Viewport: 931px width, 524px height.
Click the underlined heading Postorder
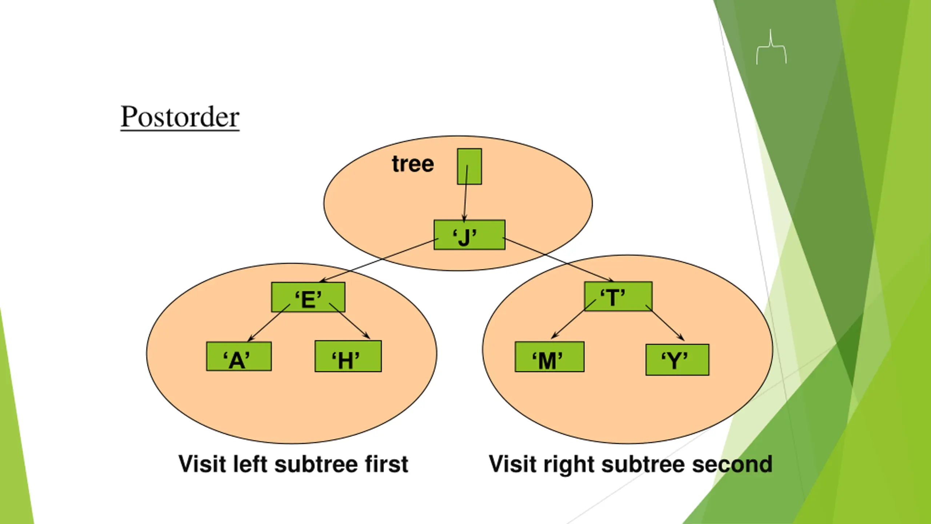[180, 117]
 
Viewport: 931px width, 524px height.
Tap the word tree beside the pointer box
[413, 164]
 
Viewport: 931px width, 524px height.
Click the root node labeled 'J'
[469, 235]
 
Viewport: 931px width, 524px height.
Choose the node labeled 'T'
[618, 296]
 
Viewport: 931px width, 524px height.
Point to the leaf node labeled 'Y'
[677, 360]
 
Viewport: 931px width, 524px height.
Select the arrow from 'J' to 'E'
[378, 260]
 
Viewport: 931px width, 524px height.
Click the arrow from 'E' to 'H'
[350, 321]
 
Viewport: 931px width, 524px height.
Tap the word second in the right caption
[732, 465]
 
